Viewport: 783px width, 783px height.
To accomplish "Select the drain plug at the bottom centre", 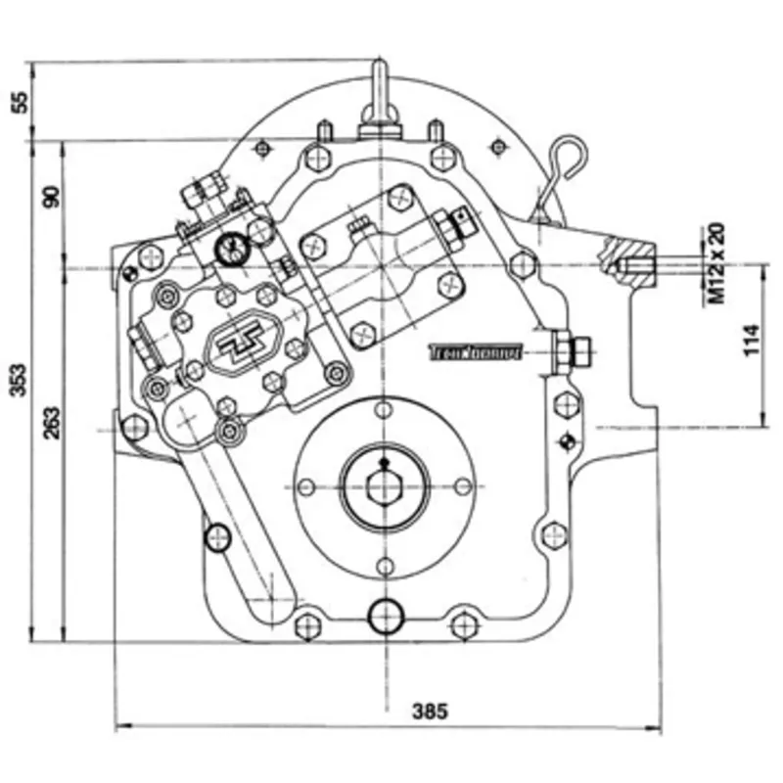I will point(385,616).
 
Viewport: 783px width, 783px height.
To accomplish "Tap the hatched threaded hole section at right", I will point(631,265).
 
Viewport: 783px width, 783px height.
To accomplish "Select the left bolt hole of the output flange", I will point(306,486).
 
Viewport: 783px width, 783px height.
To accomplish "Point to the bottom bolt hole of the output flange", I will point(385,565).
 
